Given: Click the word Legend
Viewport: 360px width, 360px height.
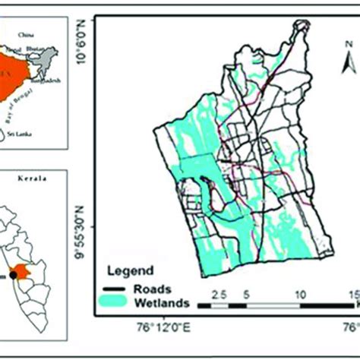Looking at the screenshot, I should coord(128,270).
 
